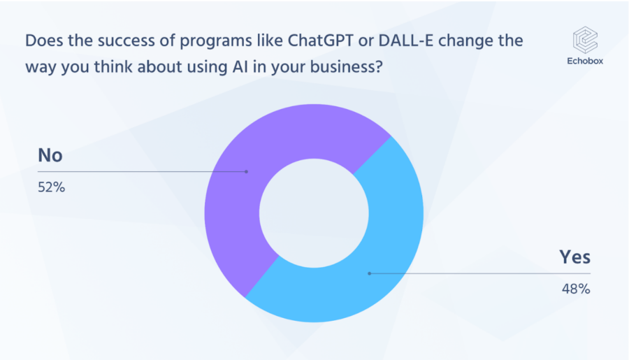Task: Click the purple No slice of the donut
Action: [x=240, y=168]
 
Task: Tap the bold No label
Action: [x=50, y=155]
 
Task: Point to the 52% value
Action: [x=51, y=187]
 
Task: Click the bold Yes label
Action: [x=575, y=257]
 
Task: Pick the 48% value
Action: [x=576, y=289]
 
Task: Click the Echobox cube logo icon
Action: [x=585, y=40]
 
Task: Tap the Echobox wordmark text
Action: [x=585, y=61]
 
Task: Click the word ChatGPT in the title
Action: [x=321, y=41]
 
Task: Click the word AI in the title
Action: [x=240, y=67]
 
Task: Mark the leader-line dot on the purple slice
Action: [x=246, y=172]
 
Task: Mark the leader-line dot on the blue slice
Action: [x=370, y=273]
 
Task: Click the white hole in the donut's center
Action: [x=314, y=213]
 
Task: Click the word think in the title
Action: [x=113, y=67]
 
